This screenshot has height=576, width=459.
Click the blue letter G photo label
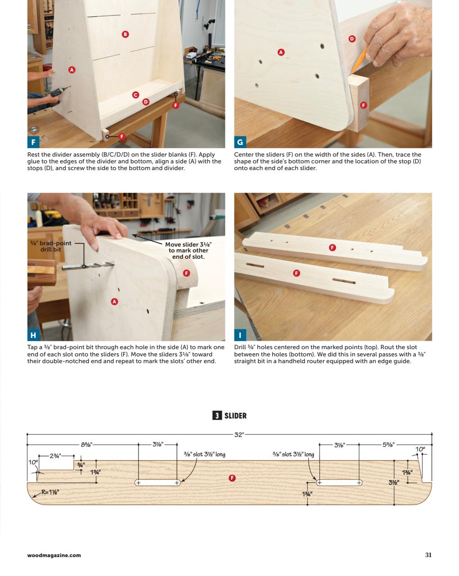pos(240,142)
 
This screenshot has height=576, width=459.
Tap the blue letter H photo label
pos(33,335)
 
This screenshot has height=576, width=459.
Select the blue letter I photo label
pos(240,335)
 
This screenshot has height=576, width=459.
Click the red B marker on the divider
pos(126,34)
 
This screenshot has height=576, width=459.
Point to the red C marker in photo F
pos(135,95)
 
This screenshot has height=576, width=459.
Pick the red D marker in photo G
pos(352,39)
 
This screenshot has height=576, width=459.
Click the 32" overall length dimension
pos(239,435)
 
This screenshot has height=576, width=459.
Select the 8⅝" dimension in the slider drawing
pos(86,445)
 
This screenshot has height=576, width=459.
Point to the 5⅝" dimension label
pos(388,445)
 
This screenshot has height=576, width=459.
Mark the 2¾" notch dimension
pos(55,456)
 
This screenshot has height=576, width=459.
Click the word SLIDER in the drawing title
pos(235,416)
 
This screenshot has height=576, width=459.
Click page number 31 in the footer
pos(428,555)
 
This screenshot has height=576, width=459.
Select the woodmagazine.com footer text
pos(54,555)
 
